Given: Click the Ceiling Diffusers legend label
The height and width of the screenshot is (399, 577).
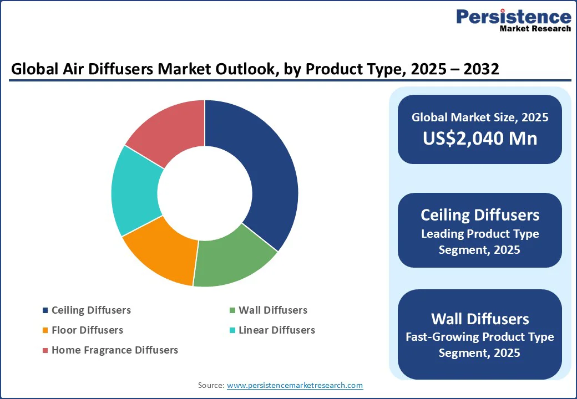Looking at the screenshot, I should (x=91, y=310).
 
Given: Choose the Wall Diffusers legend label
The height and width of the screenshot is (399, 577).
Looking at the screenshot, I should (x=272, y=310).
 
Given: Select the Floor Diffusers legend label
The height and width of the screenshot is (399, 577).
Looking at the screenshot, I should (x=87, y=330).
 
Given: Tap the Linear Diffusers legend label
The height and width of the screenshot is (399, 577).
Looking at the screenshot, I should (x=276, y=330).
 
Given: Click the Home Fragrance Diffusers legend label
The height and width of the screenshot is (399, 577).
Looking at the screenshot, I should (x=115, y=350).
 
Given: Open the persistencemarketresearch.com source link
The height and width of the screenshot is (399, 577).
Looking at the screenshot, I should (x=295, y=385).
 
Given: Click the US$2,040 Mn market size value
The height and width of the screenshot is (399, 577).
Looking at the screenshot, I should (x=480, y=138).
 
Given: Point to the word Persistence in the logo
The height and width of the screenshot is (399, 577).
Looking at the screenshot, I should (x=513, y=17).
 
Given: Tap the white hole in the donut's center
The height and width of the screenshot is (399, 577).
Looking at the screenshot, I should (x=204, y=193).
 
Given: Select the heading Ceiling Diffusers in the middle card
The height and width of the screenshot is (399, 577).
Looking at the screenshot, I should (x=480, y=215).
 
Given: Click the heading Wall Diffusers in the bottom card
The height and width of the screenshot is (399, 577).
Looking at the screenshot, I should (x=480, y=319).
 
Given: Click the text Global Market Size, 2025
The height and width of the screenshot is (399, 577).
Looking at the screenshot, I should (x=480, y=117).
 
